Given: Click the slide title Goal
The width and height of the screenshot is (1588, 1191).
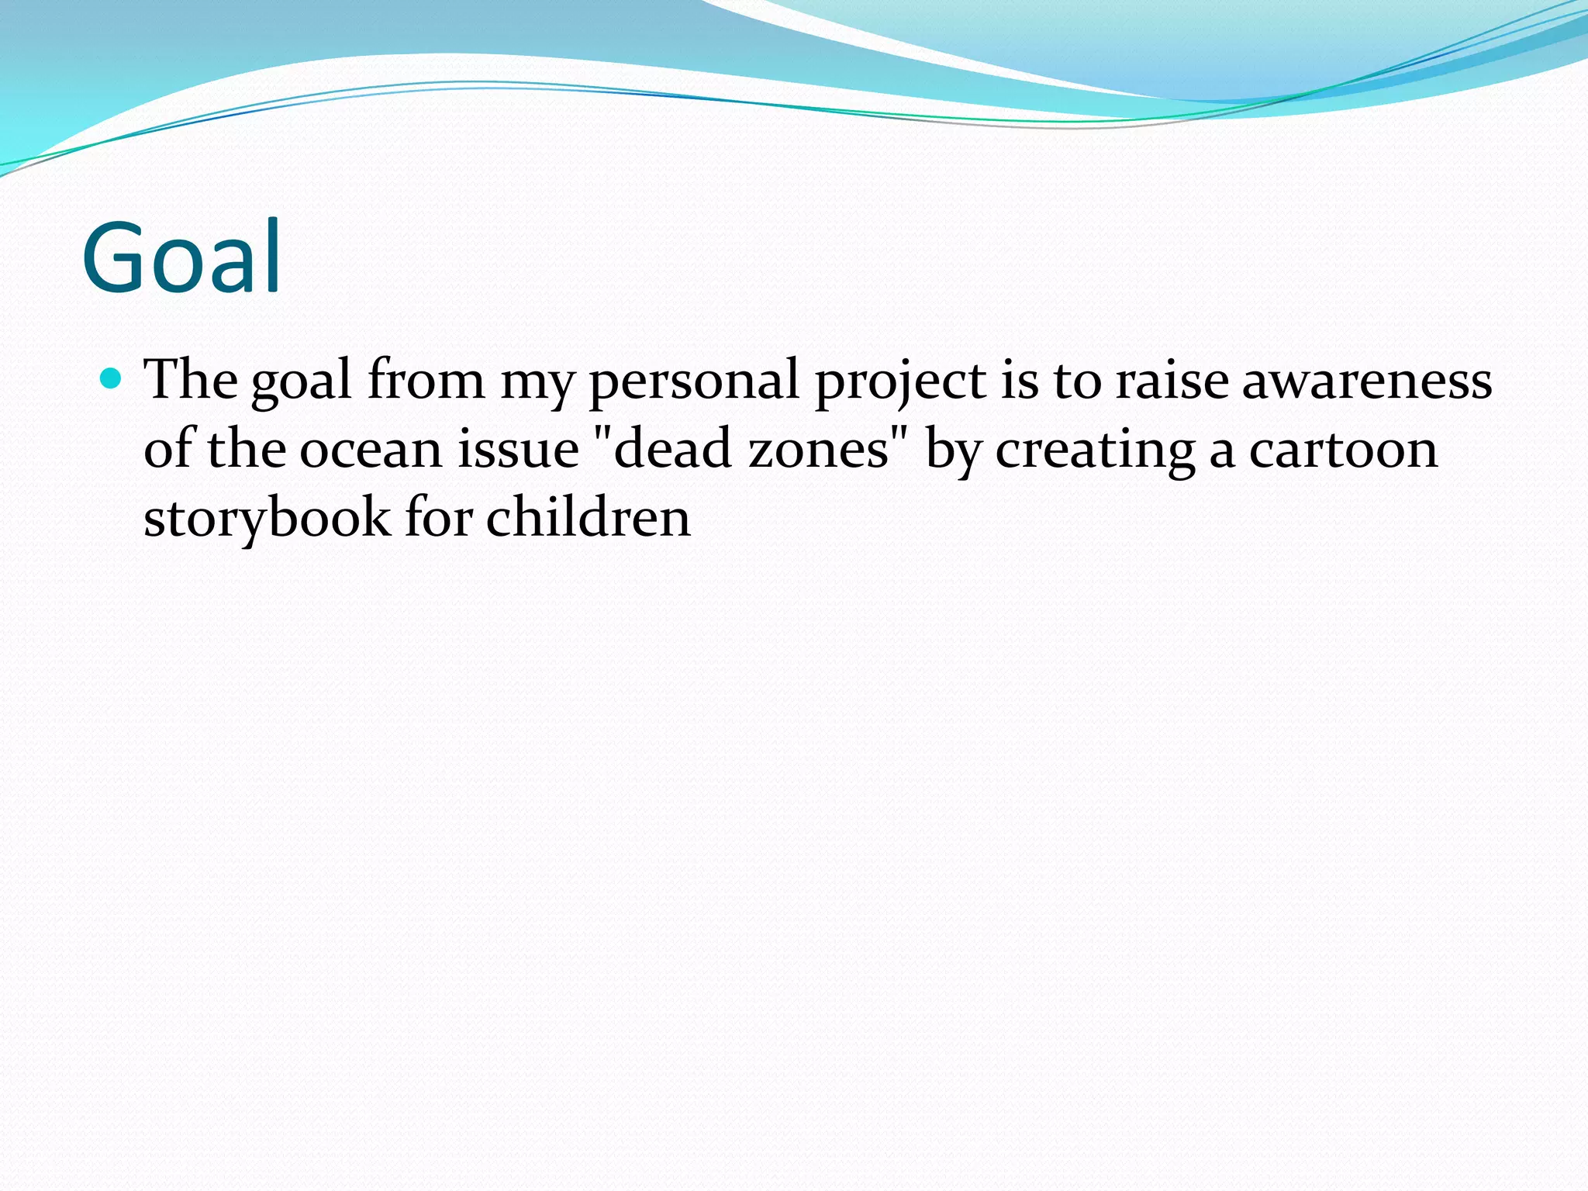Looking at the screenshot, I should [x=181, y=257].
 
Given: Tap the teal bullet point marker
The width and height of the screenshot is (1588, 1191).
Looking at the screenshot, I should [x=112, y=378].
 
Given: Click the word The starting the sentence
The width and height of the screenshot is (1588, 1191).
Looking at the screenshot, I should [x=191, y=380].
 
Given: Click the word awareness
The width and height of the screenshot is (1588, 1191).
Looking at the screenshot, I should [x=1366, y=380].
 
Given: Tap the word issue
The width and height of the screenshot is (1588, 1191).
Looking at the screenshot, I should [x=518, y=450].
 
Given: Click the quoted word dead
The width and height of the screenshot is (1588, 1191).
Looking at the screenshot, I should [x=671, y=450].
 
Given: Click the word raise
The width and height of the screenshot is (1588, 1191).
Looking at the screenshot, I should [x=1172, y=380].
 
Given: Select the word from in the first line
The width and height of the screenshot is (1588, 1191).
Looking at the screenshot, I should [x=426, y=380].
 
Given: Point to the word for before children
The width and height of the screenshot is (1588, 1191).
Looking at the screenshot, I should [x=439, y=518].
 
